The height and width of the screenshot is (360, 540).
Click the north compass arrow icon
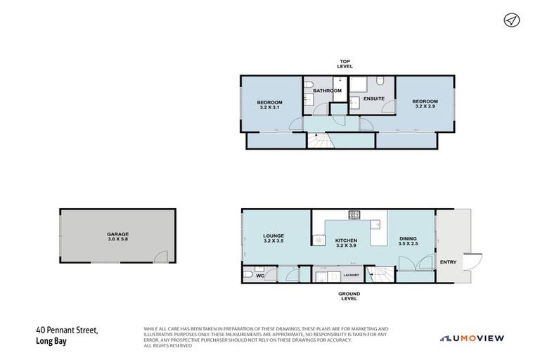[x=510, y=20]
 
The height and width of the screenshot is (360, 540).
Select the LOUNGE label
[x=273, y=236]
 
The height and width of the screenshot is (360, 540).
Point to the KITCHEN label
[x=346, y=240]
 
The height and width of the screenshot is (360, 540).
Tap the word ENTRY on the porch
[x=448, y=262]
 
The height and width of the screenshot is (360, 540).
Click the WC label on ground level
[x=259, y=276]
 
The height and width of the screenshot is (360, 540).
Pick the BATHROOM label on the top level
[x=327, y=91]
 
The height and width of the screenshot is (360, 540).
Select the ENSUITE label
[x=374, y=98]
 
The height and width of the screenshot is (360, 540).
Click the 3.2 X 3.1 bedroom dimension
[x=271, y=108]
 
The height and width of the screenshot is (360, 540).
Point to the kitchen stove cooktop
[x=354, y=214]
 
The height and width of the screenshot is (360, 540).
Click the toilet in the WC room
[x=248, y=274]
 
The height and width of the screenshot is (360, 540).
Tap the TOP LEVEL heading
[x=345, y=63]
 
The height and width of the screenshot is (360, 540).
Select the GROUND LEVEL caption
[x=349, y=296]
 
